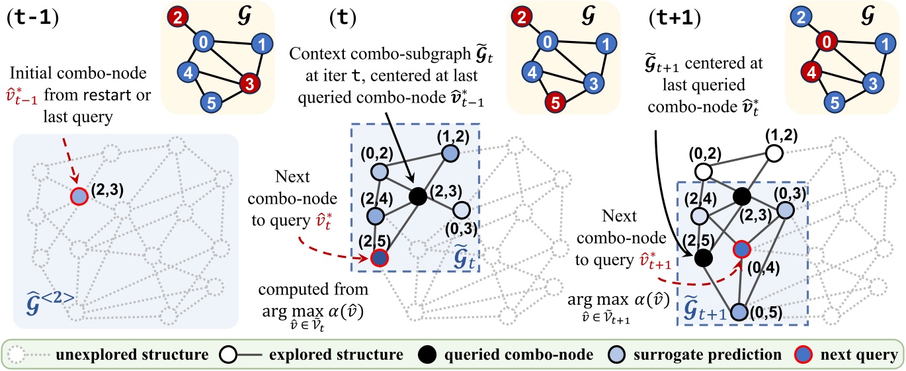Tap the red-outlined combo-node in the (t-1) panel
pos(77,196)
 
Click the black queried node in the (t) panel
pos(417,196)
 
